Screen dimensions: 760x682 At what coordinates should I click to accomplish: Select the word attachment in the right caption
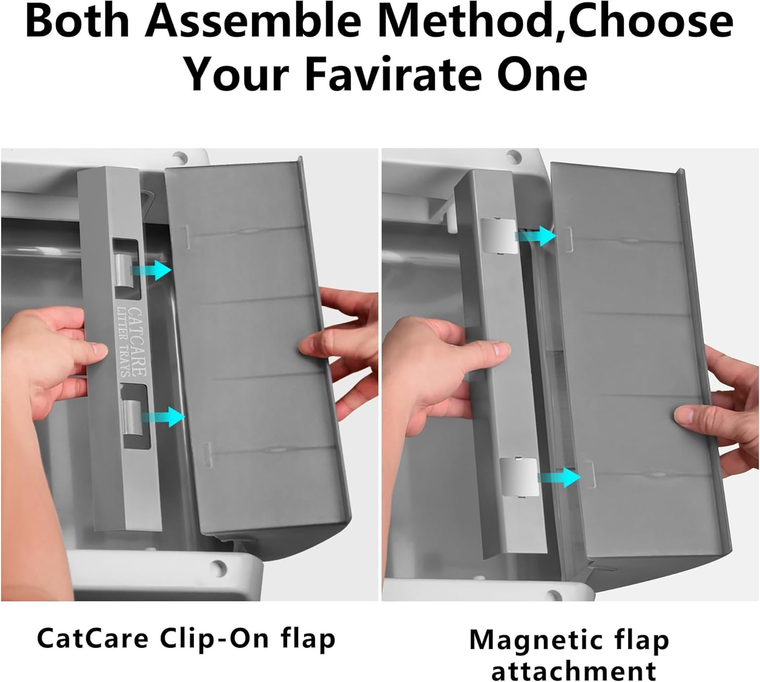coord(574,670)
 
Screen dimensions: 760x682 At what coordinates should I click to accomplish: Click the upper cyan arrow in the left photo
coord(150,270)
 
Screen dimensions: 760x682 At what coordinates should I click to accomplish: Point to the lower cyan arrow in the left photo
coord(163,417)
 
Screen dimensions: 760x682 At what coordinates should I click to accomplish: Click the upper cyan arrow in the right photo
coord(536,236)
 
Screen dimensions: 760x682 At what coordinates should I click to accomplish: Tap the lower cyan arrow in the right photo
coord(559,477)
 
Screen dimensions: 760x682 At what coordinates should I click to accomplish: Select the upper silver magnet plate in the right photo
coord(499,236)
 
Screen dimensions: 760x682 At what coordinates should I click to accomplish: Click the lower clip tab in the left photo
coord(132,417)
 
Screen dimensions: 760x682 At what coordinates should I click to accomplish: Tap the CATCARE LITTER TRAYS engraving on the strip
coord(132,342)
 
